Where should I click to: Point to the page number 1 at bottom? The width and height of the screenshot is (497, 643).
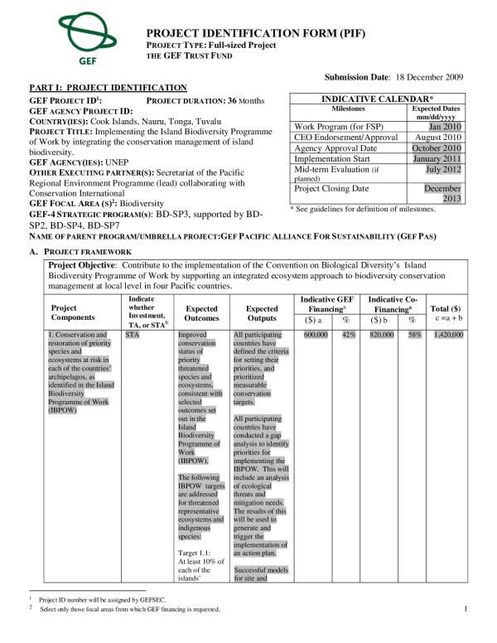[466, 610]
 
